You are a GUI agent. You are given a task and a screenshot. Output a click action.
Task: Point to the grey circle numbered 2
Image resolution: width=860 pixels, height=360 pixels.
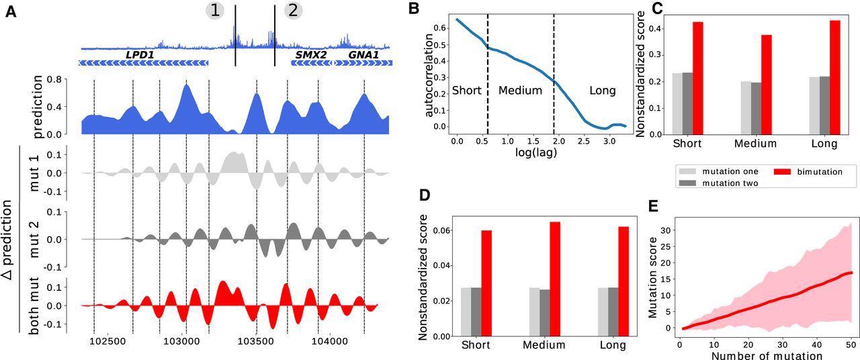click(x=294, y=10)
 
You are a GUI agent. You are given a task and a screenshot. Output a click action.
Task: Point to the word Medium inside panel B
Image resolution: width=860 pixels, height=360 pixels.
click(x=520, y=90)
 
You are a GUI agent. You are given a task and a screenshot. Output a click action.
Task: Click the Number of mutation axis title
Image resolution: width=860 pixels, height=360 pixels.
click(x=758, y=355)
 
